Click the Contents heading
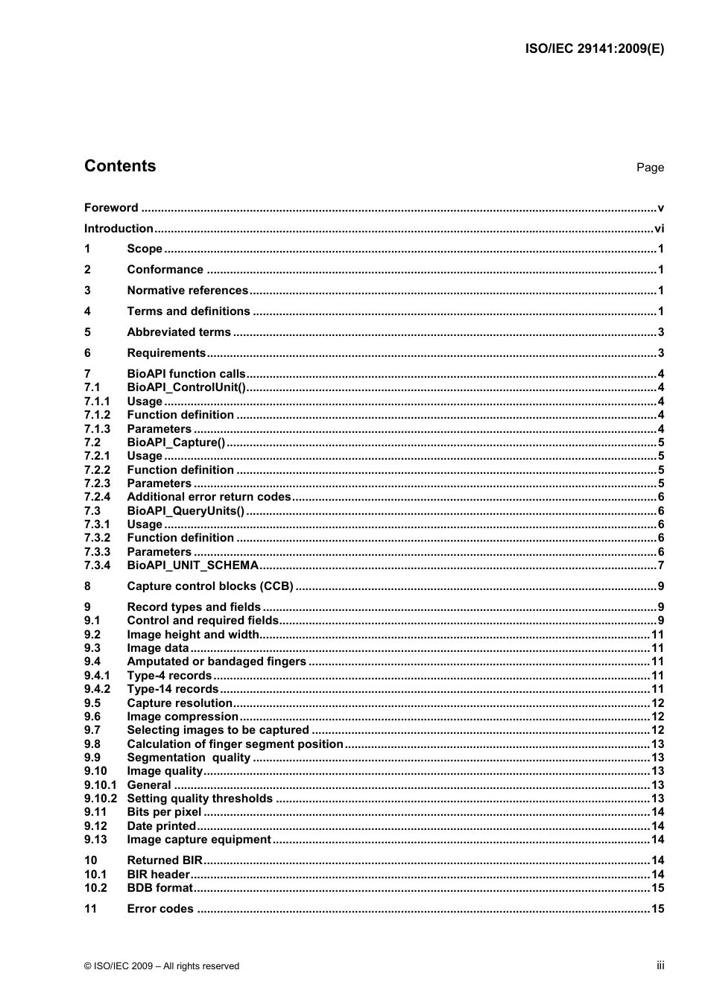tap(120, 166)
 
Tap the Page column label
tap(649, 168)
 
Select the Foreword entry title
tap(111, 208)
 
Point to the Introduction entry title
tap(118, 229)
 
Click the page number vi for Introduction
tap(659, 229)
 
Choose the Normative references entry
tap(187, 291)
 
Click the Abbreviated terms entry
tap(179, 332)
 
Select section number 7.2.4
tap(97, 497)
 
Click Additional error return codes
tap(209, 497)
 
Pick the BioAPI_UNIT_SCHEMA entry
tap(192, 565)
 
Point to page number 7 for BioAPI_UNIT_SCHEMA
tap(660, 565)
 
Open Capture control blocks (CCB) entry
tap(210, 586)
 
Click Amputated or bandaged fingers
tap(216, 662)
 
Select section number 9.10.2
tap(100, 799)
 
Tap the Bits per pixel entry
tap(164, 812)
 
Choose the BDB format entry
tap(159, 888)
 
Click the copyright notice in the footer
tap(162, 966)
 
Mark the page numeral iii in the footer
tap(660, 965)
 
